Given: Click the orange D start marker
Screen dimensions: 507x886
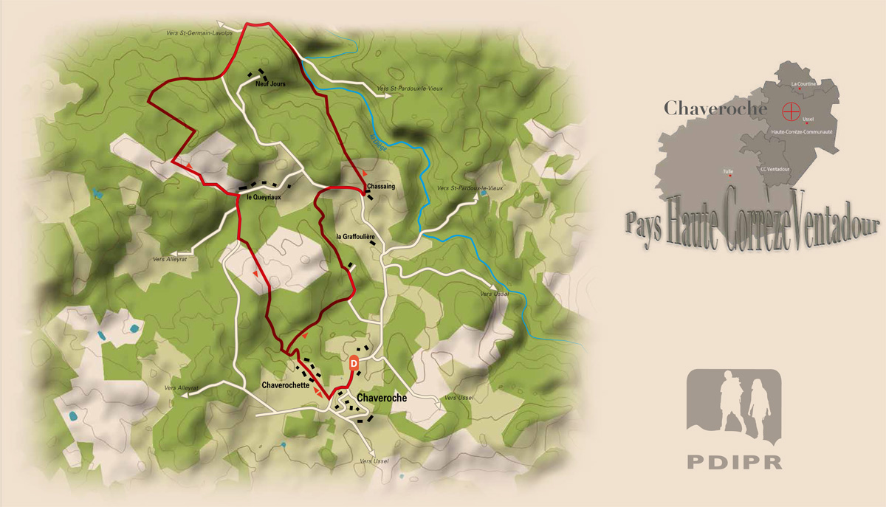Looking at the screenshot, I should coord(354,363).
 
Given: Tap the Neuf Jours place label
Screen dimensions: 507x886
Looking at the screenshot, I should coord(270,84).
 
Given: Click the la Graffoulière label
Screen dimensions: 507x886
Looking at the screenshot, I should coord(356,237).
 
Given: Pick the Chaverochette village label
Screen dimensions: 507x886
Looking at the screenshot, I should coord(285,385).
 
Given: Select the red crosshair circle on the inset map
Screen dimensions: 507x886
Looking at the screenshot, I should coord(791,111).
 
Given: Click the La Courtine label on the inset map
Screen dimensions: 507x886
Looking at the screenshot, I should coord(803,84).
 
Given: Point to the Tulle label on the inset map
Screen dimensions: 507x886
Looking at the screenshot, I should coord(728,171).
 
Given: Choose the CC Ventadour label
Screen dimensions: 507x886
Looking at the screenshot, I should coord(776,169).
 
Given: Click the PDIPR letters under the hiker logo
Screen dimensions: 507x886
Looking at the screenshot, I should coord(734,462).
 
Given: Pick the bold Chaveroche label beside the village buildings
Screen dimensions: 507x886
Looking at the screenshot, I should coord(382,398).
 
